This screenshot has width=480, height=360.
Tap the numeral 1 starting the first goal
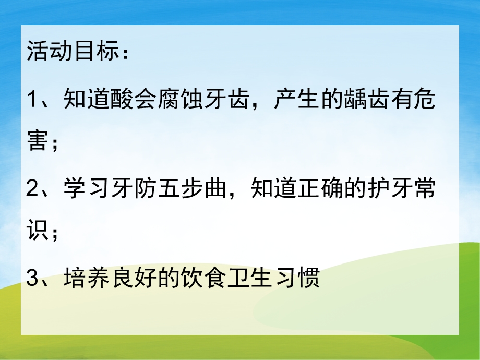[33, 100]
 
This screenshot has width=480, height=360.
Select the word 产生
[288, 100]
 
